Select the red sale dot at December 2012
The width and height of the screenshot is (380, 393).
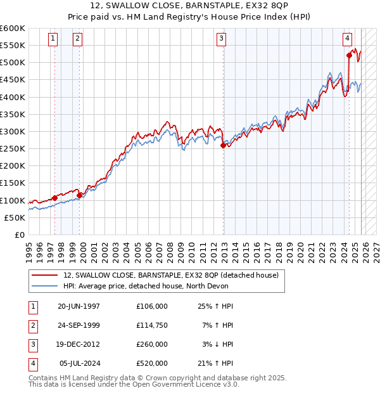(223, 145)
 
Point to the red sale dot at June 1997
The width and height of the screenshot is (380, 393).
(55, 198)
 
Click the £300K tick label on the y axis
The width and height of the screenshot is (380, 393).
(13, 131)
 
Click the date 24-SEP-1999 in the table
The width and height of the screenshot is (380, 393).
(79, 325)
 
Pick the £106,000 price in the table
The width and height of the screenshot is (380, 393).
(152, 306)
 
